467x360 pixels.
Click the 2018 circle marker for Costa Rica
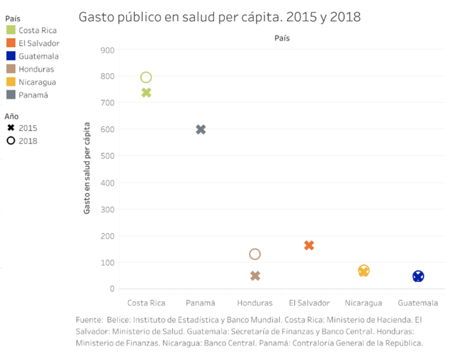146,78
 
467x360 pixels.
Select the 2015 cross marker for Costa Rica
146,93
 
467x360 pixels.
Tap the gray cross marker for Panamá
201,130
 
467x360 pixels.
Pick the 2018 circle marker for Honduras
255,254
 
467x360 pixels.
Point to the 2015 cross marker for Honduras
255,276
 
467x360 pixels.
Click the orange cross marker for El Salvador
309,246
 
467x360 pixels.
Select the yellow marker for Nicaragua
364,271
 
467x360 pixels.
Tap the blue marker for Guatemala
418,277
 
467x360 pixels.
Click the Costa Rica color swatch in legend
11,30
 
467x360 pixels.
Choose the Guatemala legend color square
11,56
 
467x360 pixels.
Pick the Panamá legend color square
11,95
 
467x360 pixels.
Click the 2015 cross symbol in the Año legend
11,128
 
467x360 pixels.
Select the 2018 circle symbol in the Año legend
11,141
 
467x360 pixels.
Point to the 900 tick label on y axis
107,50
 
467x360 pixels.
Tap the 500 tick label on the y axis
107,156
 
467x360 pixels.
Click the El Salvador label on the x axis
309,303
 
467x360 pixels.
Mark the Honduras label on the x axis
255,303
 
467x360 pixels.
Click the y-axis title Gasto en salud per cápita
87,168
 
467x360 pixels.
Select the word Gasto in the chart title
96,17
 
